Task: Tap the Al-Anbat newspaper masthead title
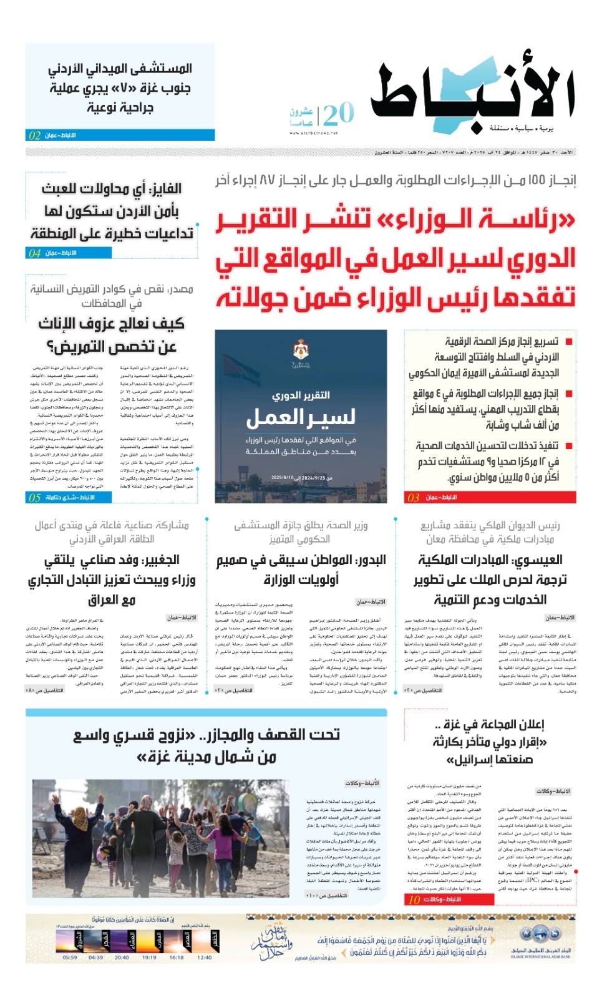(472, 94)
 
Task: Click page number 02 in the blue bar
(35, 135)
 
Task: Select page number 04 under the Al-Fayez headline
(35, 253)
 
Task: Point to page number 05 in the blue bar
(35, 497)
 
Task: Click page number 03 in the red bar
(414, 497)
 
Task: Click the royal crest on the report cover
(301, 351)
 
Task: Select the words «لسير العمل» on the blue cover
(301, 417)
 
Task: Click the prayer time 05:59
(70, 957)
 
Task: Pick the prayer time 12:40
(204, 957)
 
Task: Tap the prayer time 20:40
(122, 957)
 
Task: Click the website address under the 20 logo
(314, 133)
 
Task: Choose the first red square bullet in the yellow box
(569, 342)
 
